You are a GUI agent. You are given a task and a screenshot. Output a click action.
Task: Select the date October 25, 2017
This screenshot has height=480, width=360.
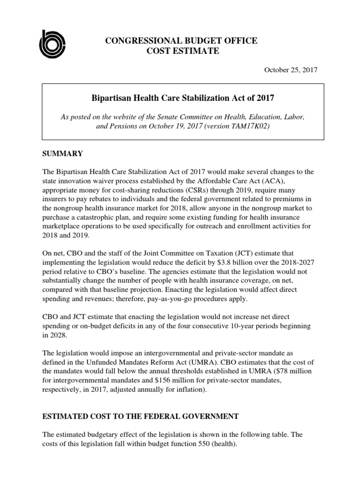(x=291, y=70)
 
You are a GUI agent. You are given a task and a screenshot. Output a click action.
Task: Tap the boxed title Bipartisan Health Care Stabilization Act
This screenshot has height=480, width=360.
(x=182, y=98)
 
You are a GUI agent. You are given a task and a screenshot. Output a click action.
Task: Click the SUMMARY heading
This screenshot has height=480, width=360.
(x=62, y=153)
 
